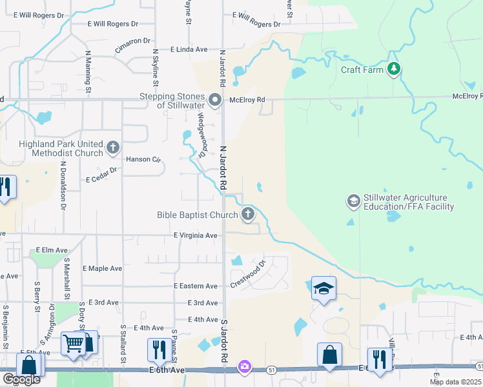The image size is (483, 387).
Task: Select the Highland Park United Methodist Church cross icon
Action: (x=112, y=148)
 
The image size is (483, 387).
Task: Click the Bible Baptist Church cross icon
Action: (x=248, y=215)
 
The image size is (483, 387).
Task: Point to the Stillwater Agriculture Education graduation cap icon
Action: (x=353, y=201)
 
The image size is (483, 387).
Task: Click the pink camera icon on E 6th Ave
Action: (x=244, y=366)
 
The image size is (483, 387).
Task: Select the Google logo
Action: (x=21, y=380)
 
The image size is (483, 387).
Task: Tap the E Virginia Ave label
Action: (x=196, y=236)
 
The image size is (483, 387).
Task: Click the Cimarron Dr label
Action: (x=133, y=43)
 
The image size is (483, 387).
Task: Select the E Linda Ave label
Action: (x=189, y=49)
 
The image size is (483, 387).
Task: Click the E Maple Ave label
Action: (x=102, y=268)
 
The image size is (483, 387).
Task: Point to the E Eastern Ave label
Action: (x=196, y=286)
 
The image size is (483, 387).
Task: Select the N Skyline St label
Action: (x=155, y=68)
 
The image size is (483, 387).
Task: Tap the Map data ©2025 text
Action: (x=455, y=382)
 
